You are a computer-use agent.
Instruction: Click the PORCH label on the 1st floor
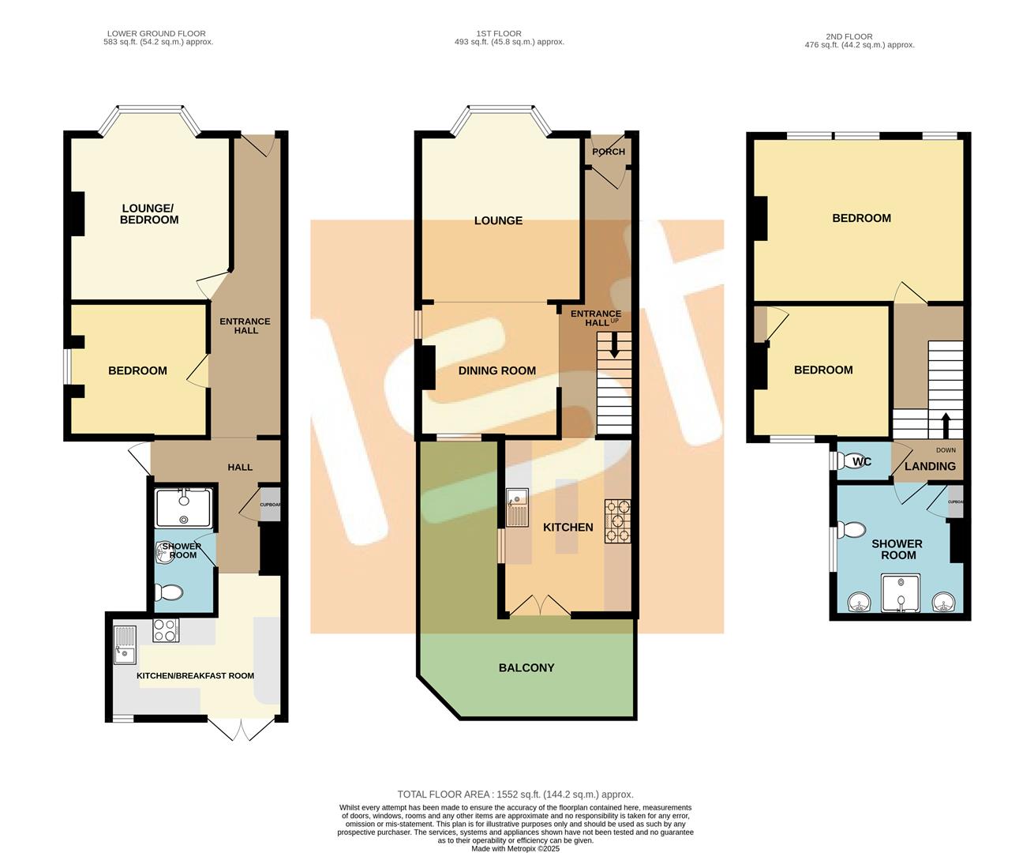(608, 152)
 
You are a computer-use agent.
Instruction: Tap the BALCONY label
(526, 667)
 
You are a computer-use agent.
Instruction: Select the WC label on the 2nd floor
(862, 462)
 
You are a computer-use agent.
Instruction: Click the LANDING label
(930, 467)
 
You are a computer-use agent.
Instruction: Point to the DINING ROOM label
(496, 370)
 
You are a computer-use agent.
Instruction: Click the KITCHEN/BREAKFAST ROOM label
(195, 676)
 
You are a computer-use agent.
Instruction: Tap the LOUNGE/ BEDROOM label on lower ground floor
(149, 214)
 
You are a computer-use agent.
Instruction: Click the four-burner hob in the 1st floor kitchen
(618, 522)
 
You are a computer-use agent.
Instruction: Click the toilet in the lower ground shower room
(168, 592)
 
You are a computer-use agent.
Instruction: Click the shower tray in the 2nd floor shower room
(901, 594)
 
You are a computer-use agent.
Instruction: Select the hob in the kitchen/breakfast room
(165, 630)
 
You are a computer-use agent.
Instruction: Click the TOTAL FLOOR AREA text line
(515, 795)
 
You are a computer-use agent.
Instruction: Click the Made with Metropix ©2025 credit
(515, 849)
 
